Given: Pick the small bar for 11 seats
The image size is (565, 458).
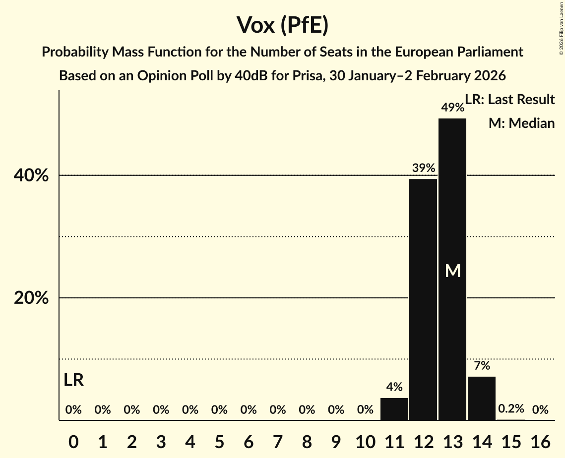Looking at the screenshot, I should coord(394,409).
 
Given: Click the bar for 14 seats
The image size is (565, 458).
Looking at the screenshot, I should coord(482,399).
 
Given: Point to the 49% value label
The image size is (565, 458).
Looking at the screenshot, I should coord(452,108).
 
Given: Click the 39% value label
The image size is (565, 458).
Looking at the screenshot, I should coord(423,168).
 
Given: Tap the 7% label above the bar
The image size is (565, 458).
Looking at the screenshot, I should coord(482,366).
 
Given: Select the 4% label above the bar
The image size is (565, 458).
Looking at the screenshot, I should coord(394,387).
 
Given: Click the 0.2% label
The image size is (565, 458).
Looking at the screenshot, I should coord(511,409).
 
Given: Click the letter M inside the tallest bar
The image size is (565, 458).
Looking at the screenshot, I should coord(452,271).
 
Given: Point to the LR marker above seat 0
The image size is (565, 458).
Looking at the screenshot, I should coord(74,381).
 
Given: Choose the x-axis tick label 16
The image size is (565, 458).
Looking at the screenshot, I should coord(540,440).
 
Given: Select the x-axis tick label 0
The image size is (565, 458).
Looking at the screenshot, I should coord(73,440).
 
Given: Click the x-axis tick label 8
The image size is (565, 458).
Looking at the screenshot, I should coord(307,440).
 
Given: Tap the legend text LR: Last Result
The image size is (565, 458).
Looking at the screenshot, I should coord(510,100).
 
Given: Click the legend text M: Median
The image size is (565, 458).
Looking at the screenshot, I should coord(521,123).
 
